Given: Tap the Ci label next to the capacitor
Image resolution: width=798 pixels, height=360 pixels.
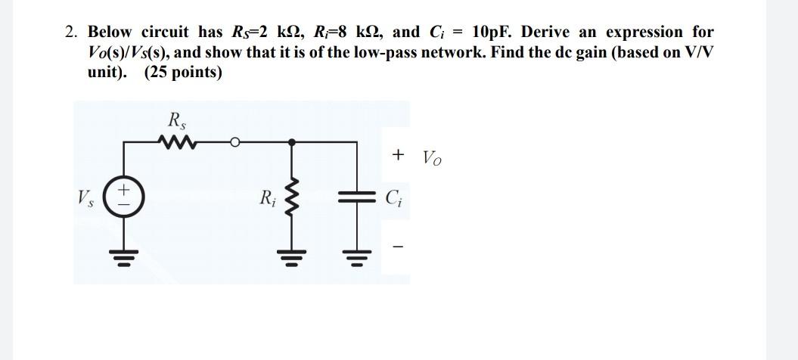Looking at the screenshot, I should pos(393,200).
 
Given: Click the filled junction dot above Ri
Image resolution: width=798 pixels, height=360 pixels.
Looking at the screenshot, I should pos(293,141).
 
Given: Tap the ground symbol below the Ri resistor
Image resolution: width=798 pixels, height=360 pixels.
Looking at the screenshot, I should pos(293,256).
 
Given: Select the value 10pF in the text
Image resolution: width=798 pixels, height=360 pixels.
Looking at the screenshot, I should pos(492,33).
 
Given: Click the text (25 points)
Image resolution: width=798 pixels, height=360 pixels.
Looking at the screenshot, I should pos(182,73).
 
